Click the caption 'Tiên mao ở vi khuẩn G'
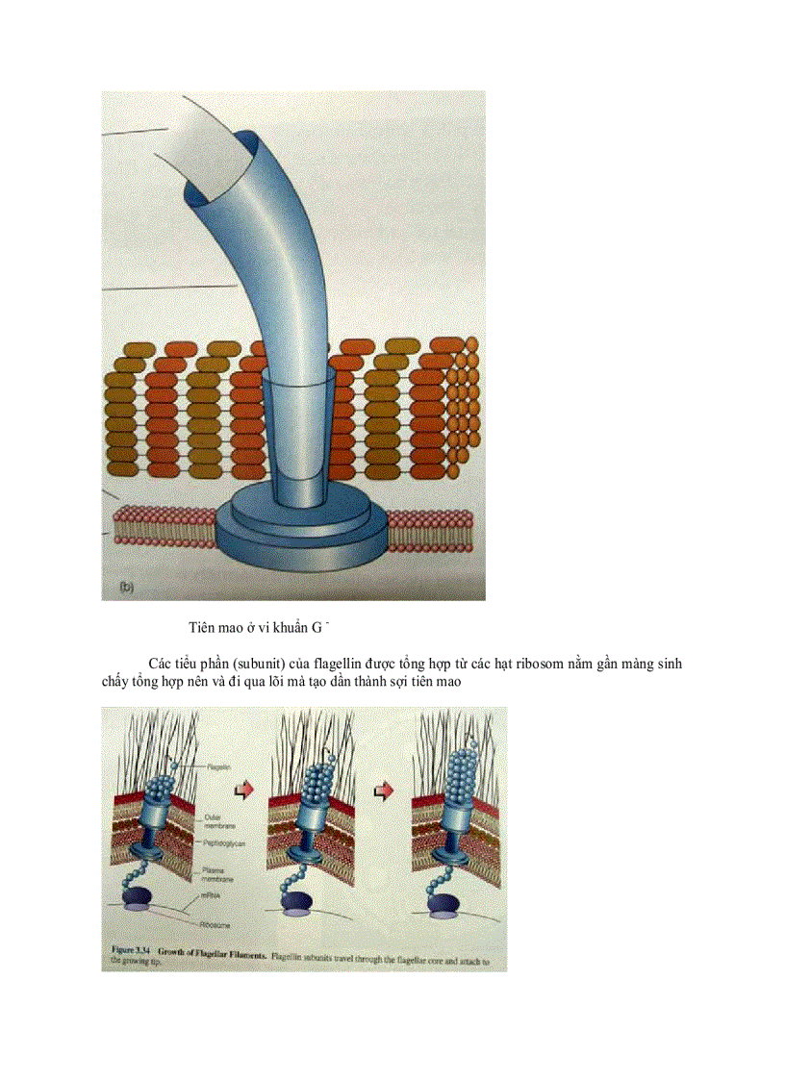point(259,628)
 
